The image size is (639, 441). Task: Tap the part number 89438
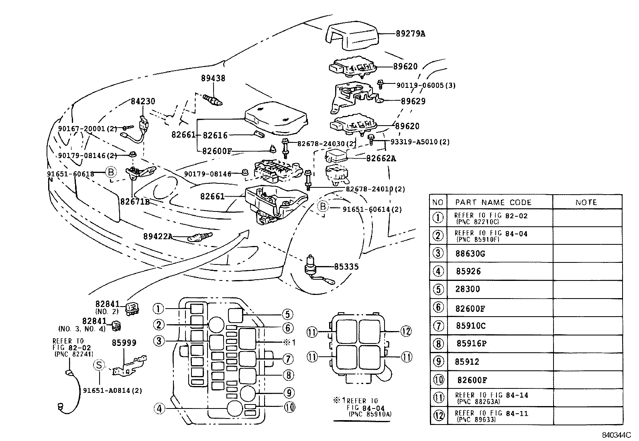coord(213,79)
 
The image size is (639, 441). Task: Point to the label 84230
coord(143,102)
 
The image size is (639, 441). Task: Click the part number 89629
coord(413,102)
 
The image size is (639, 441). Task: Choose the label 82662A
coord(381,159)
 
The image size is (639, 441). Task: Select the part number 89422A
coord(158,236)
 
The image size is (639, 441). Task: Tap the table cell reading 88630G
coord(470,254)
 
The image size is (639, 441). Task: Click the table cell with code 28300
coord(468,289)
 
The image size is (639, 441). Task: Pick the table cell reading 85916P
coord(471,344)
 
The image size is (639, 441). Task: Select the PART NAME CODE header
coord(493,202)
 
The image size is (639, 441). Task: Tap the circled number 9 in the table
coord(438,362)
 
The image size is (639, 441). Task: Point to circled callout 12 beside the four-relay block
coord(406,331)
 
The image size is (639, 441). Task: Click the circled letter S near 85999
coord(99,365)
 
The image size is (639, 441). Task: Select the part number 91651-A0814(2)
coord(112,390)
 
